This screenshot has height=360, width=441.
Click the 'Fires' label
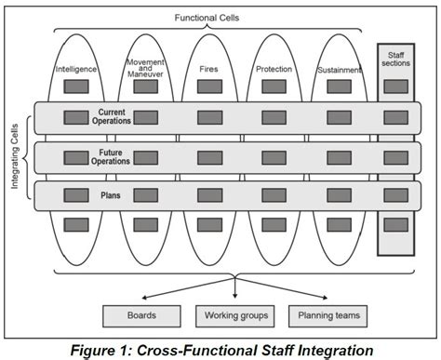[x=208, y=69]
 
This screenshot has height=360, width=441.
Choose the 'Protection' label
[x=273, y=69]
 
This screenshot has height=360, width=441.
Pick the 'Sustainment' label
[x=338, y=69]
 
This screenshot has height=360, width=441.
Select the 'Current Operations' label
[x=115, y=117]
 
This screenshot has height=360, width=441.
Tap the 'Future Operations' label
[x=115, y=156]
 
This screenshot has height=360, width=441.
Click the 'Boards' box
[x=140, y=316]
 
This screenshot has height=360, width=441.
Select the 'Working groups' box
[x=235, y=316]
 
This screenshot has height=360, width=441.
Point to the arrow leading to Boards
[x=186, y=289]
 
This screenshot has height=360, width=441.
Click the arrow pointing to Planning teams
[x=284, y=289]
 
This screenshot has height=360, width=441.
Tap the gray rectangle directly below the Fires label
[x=208, y=87]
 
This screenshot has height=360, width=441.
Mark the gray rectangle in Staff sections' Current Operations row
[x=395, y=117]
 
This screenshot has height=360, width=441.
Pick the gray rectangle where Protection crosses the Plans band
[x=273, y=196]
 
